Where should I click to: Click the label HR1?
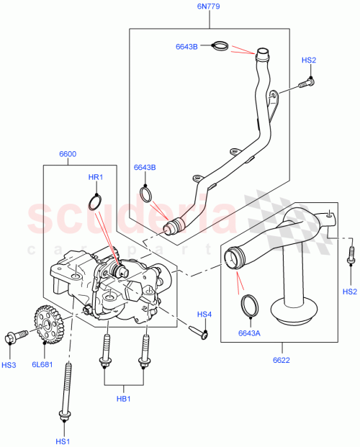(x=96, y=176)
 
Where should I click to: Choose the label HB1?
(x=125, y=398)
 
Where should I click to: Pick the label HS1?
(x=63, y=441)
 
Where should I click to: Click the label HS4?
(x=205, y=315)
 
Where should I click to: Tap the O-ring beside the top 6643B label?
(x=222, y=47)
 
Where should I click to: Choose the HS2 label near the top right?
(x=308, y=60)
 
